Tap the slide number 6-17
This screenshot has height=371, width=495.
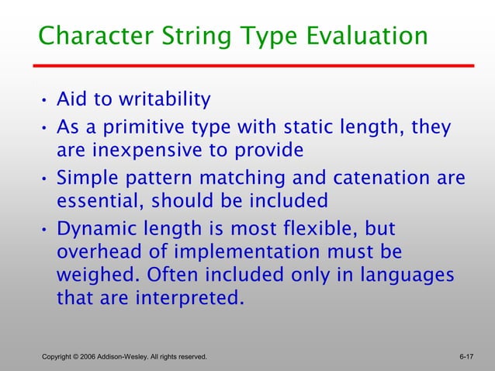(x=466, y=356)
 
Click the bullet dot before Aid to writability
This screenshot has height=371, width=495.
(x=44, y=102)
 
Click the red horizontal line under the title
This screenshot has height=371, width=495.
(x=256, y=66)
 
